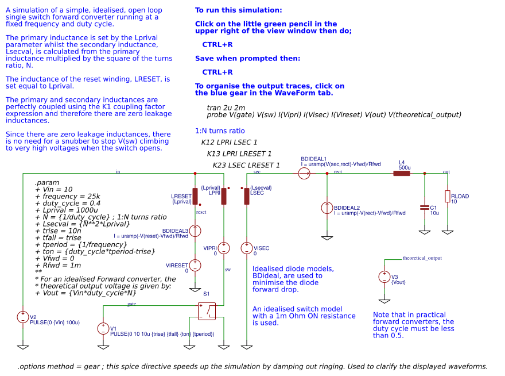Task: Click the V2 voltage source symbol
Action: click(x=23, y=317)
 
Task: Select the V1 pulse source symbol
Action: click(x=103, y=328)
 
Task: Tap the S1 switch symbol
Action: click(x=207, y=311)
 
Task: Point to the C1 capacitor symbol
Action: click(x=424, y=207)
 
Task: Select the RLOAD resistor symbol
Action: click(x=447, y=197)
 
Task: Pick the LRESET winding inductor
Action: click(x=195, y=197)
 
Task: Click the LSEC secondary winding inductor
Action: click(x=247, y=197)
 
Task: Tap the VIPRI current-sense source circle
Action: click(x=224, y=248)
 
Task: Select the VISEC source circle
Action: click(x=247, y=248)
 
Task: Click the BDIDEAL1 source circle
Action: click(x=304, y=172)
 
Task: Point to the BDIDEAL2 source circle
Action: click(x=327, y=208)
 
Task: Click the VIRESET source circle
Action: click(x=195, y=265)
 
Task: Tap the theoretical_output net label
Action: click(x=422, y=259)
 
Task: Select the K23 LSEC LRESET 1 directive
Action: click(x=246, y=166)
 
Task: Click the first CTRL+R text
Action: click(x=217, y=44)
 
